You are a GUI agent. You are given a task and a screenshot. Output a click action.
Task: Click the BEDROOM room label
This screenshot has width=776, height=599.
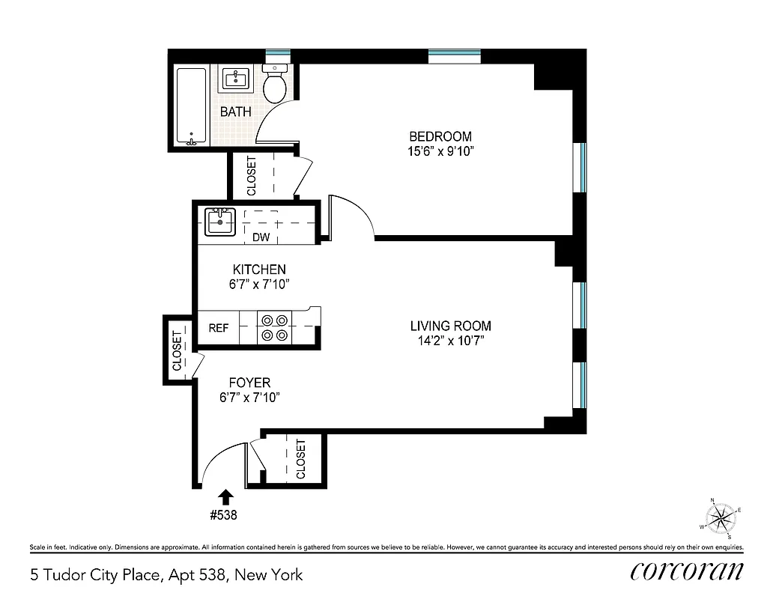coord(440,136)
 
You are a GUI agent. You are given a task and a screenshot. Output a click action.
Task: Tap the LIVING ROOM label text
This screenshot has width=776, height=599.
coord(450,326)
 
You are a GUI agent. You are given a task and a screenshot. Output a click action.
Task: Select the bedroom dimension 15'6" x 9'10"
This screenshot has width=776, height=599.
coord(440,151)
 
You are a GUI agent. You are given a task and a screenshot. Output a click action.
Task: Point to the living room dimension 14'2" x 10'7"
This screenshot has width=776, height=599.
coord(450,341)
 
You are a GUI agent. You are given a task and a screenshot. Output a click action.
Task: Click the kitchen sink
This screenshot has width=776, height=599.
coord(219,222)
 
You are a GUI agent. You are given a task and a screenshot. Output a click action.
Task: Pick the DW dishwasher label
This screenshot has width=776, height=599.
coord(260,238)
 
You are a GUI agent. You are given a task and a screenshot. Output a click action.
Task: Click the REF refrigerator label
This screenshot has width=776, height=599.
coord(218,328)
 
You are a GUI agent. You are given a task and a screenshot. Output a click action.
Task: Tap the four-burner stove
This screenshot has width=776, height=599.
coord(274,327)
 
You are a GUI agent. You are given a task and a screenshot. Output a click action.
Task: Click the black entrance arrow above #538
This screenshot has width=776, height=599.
coord(225,496)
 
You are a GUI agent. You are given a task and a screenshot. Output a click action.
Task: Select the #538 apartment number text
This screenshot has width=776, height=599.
coord(225,515)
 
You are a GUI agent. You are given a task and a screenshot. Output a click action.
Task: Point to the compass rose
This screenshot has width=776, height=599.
coord(721,517)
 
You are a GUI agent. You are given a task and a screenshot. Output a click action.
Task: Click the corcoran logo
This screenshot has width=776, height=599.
coord(687,571)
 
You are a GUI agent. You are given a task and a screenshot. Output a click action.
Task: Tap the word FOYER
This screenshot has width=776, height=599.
coord(249,383)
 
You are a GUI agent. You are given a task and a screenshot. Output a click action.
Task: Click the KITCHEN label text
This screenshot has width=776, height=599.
coord(259,270)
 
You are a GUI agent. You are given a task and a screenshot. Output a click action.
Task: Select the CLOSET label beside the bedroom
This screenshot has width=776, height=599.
coord(251,175)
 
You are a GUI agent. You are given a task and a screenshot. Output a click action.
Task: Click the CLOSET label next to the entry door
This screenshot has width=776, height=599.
coord(300,459)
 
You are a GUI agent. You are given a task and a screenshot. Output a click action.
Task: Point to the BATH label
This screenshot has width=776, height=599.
coord(235,112)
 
